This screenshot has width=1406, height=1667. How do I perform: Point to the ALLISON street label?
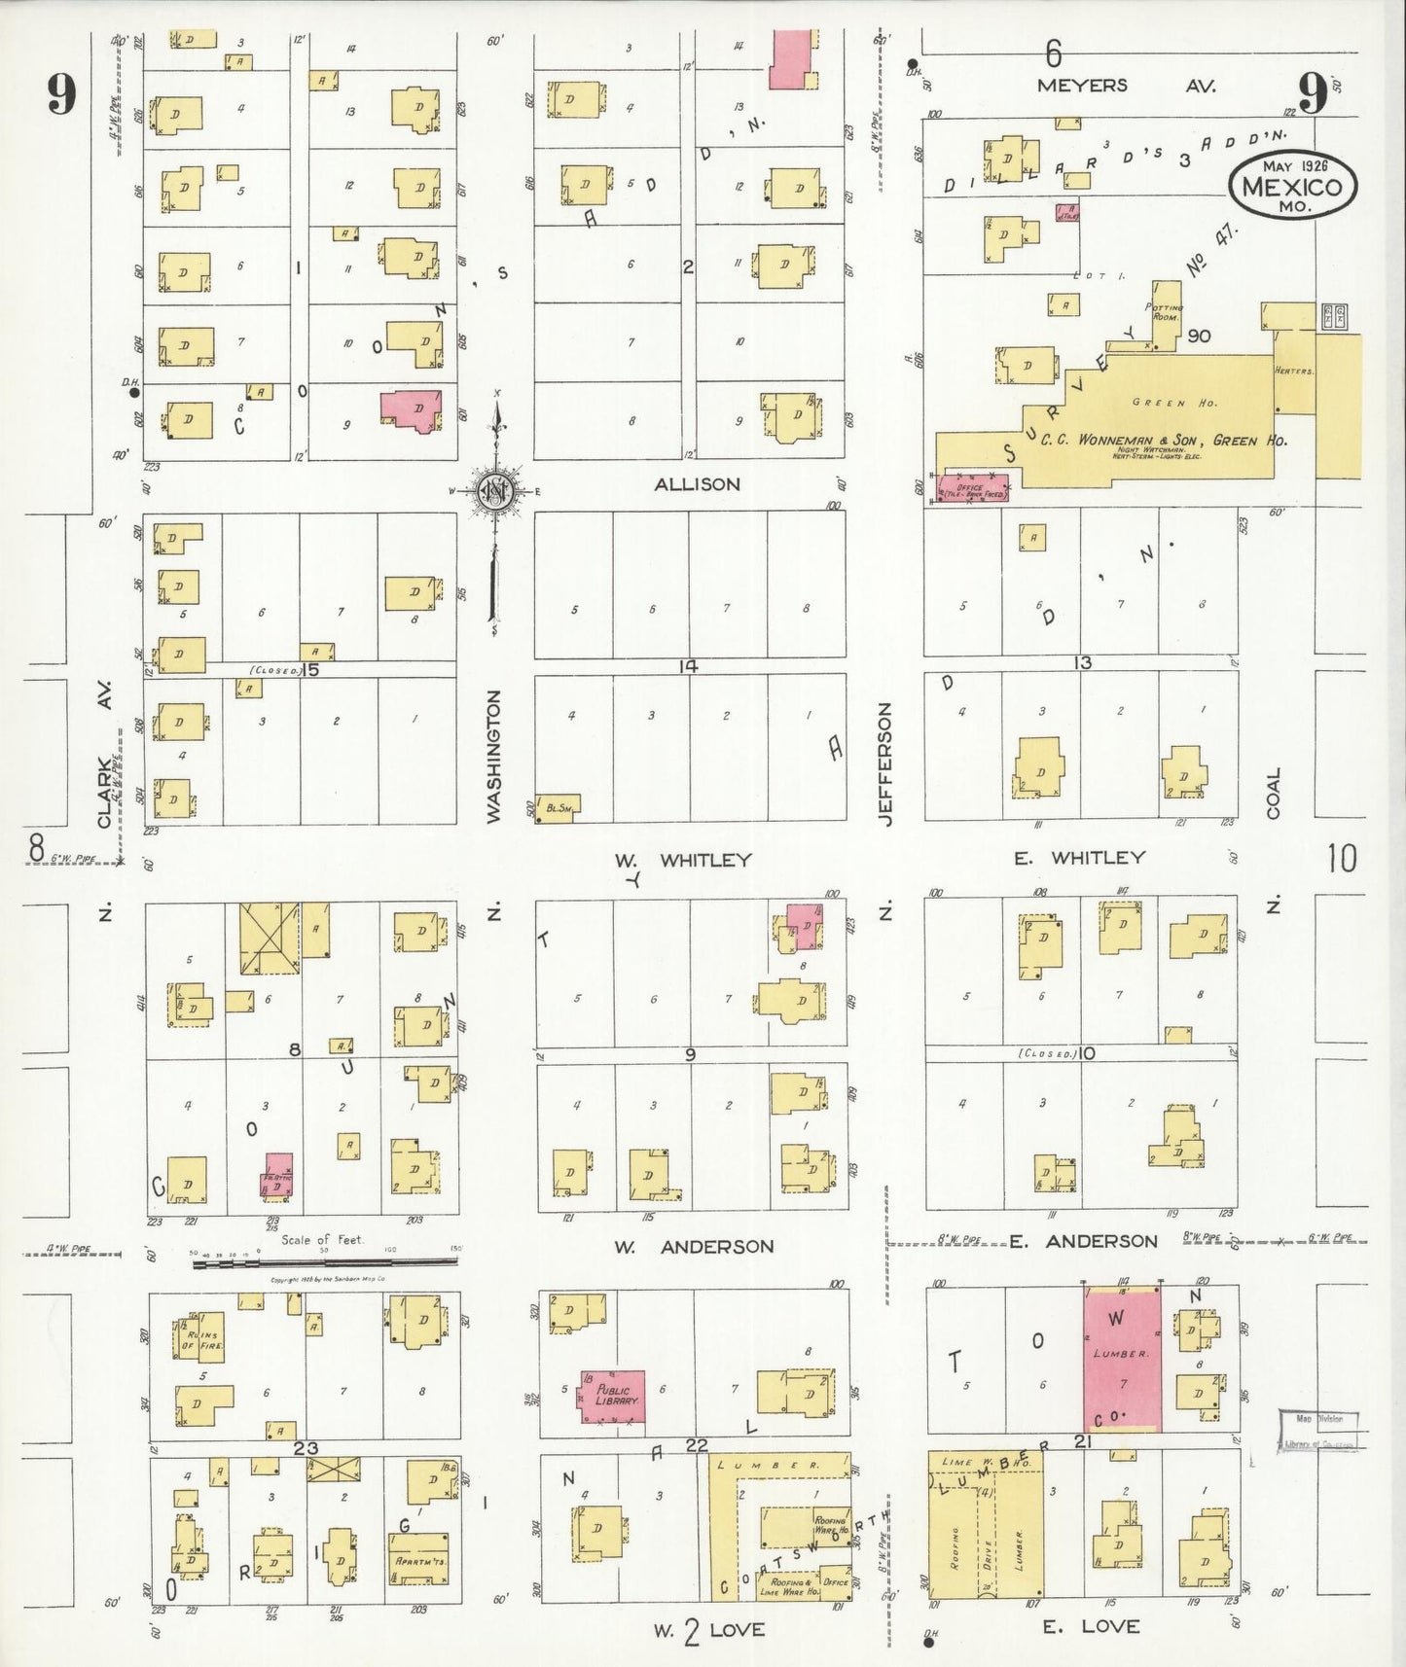point(697,483)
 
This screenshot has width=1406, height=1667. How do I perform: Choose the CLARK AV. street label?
point(106,768)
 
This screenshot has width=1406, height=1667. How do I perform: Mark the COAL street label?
point(1274,793)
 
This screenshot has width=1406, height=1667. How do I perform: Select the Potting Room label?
point(1167,310)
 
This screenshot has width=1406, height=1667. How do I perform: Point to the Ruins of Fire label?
point(203,1337)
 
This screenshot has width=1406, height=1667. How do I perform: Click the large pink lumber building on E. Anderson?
point(1122,1358)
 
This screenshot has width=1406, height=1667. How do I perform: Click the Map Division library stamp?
point(1317,1431)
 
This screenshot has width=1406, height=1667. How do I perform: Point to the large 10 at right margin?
point(1342,858)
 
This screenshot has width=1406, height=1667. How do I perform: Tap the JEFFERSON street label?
point(884,764)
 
